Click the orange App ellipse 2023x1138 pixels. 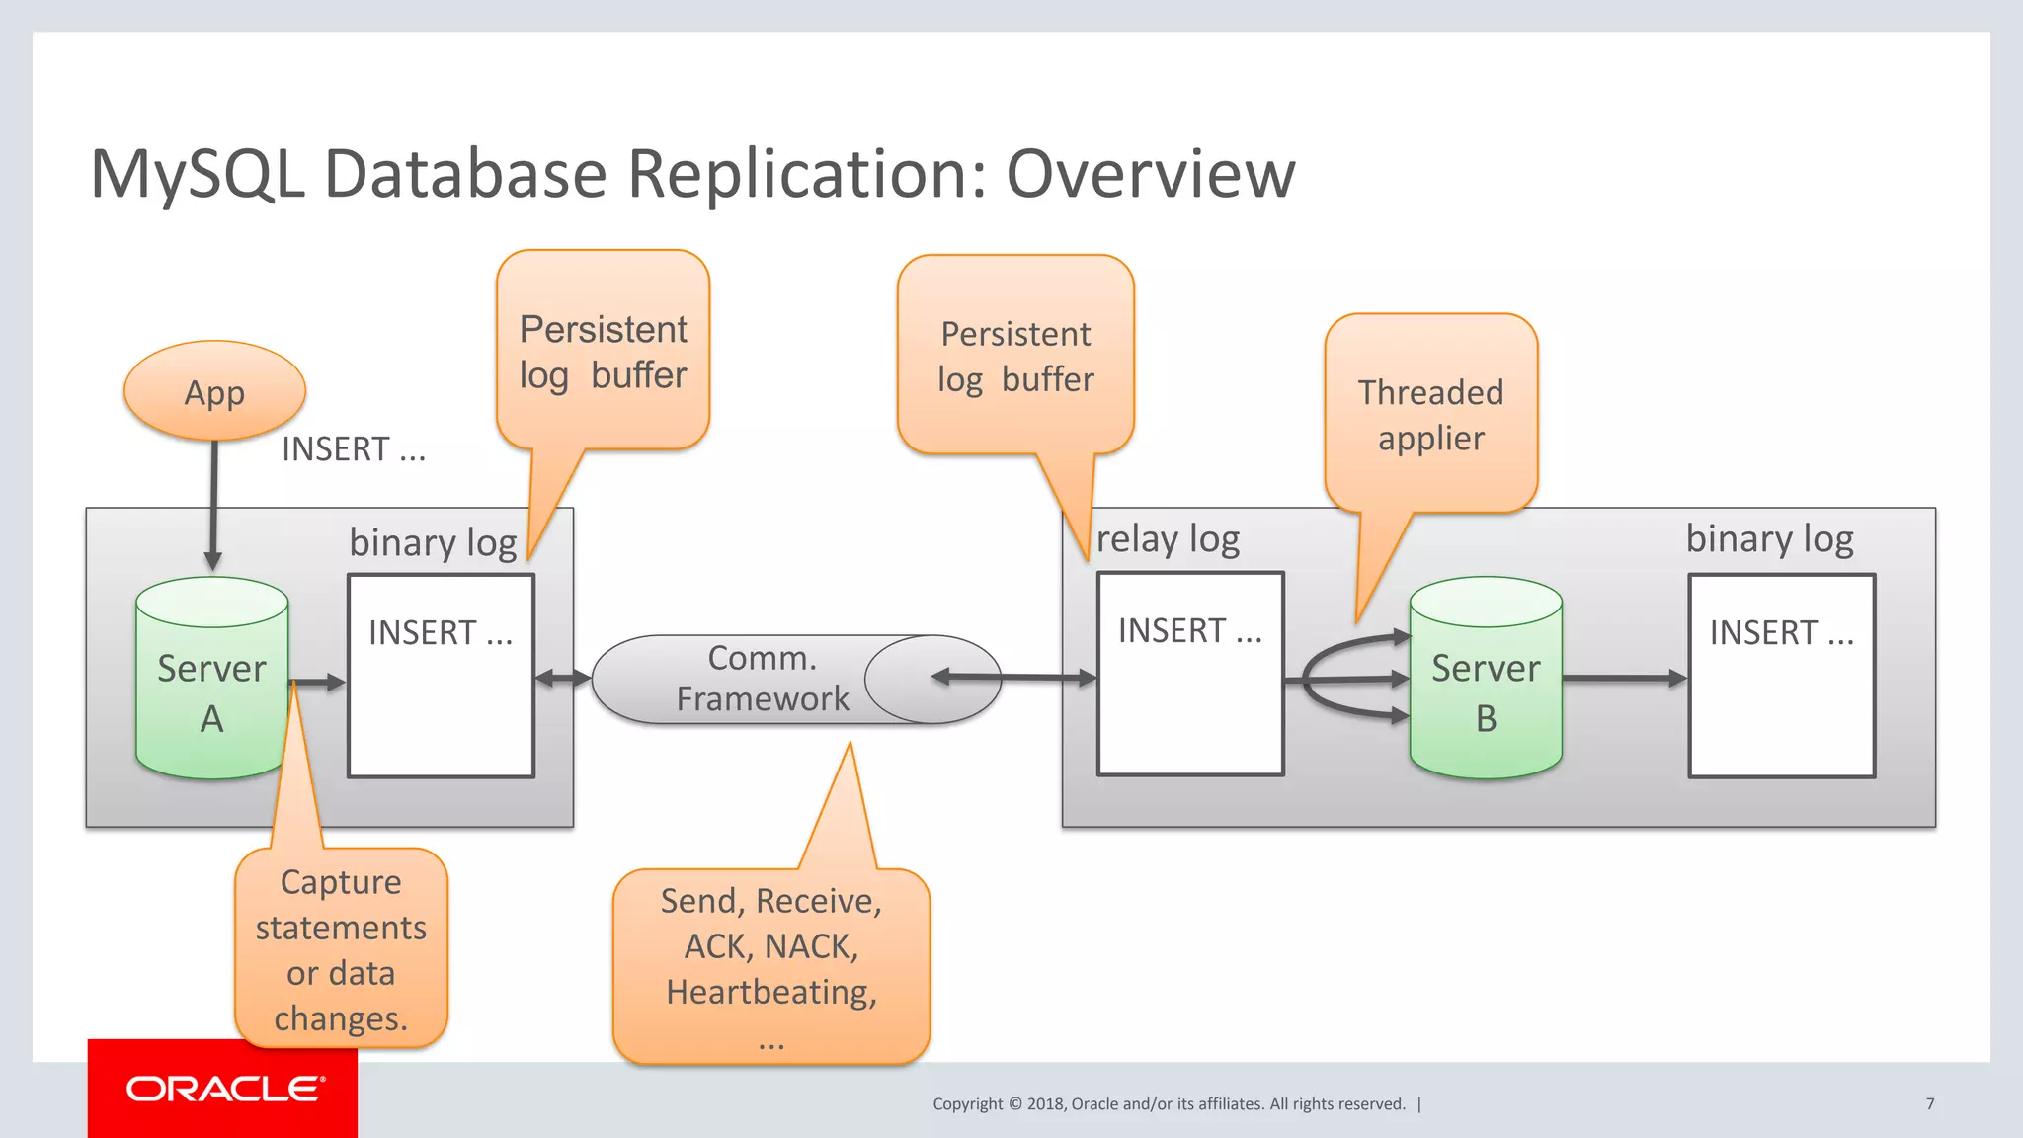(x=214, y=391)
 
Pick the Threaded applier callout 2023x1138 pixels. (x=1430, y=415)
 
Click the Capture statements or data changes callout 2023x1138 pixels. (x=341, y=948)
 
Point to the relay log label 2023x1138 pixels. (x=1168, y=539)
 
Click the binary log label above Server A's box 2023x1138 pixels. (x=433, y=542)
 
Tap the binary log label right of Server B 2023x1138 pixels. (x=1769, y=539)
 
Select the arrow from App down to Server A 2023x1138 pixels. (x=213, y=504)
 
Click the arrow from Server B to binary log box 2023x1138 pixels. (x=1624, y=679)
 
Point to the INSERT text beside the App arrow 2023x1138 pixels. (x=354, y=449)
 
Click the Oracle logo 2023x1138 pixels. (x=224, y=1089)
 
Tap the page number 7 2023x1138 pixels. (x=1929, y=1103)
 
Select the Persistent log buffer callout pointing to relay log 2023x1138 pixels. (x=1015, y=357)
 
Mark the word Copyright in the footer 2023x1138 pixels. (x=967, y=1104)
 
